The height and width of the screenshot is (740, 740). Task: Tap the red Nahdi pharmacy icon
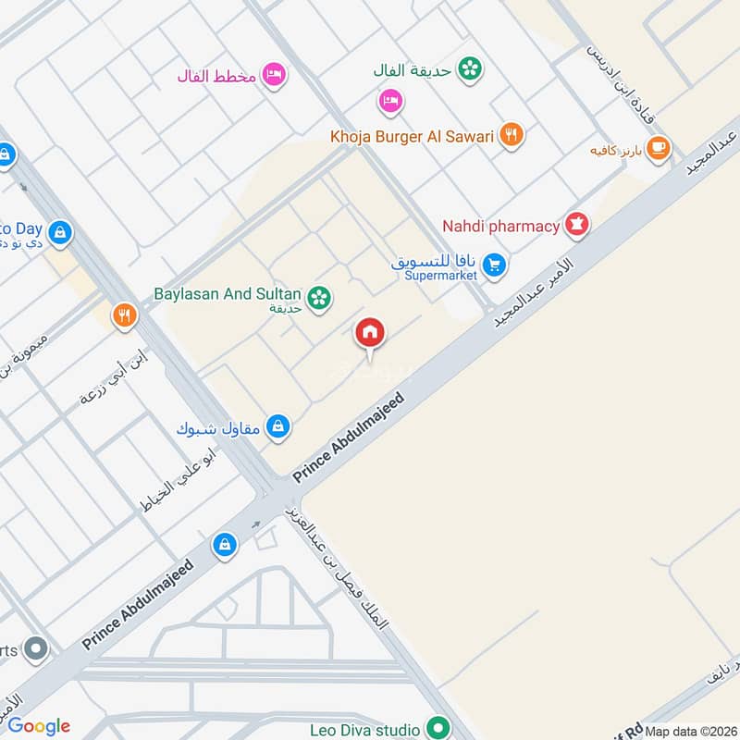click(x=577, y=225)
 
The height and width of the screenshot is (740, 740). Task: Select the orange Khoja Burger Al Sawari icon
click(x=511, y=136)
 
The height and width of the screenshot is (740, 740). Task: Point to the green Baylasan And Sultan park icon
click(x=320, y=297)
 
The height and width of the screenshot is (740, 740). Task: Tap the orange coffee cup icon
click(x=658, y=148)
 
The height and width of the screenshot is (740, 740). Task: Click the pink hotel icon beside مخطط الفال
click(x=273, y=75)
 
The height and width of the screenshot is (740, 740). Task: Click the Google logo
click(x=39, y=726)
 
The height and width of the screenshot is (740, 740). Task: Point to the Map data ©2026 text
click(x=690, y=731)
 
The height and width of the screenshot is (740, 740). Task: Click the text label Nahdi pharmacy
click(x=500, y=226)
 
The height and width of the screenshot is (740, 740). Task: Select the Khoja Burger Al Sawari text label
click(x=413, y=137)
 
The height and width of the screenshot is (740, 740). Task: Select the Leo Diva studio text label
click(x=370, y=729)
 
